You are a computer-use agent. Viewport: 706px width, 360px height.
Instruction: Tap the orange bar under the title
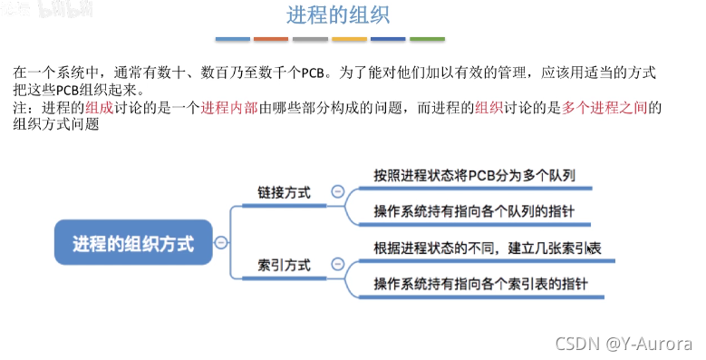point(271,40)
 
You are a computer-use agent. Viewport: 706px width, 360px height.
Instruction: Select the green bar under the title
point(428,40)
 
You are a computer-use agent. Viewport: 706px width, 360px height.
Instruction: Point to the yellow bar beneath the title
point(349,40)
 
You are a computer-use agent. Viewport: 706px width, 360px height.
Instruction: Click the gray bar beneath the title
point(310,40)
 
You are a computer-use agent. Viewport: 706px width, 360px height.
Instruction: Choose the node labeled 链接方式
point(284,193)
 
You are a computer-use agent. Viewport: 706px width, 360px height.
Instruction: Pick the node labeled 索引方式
point(284,266)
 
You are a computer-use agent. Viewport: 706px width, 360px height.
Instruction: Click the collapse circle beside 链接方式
point(337,192)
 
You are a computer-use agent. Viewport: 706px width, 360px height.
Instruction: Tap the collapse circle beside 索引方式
point(337,265)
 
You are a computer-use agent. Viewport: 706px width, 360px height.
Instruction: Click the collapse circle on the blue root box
point(221,242)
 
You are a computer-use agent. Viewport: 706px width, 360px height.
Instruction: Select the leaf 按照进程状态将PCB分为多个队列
point(475,175)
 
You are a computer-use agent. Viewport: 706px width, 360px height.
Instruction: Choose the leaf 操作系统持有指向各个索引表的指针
point(480,284)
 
